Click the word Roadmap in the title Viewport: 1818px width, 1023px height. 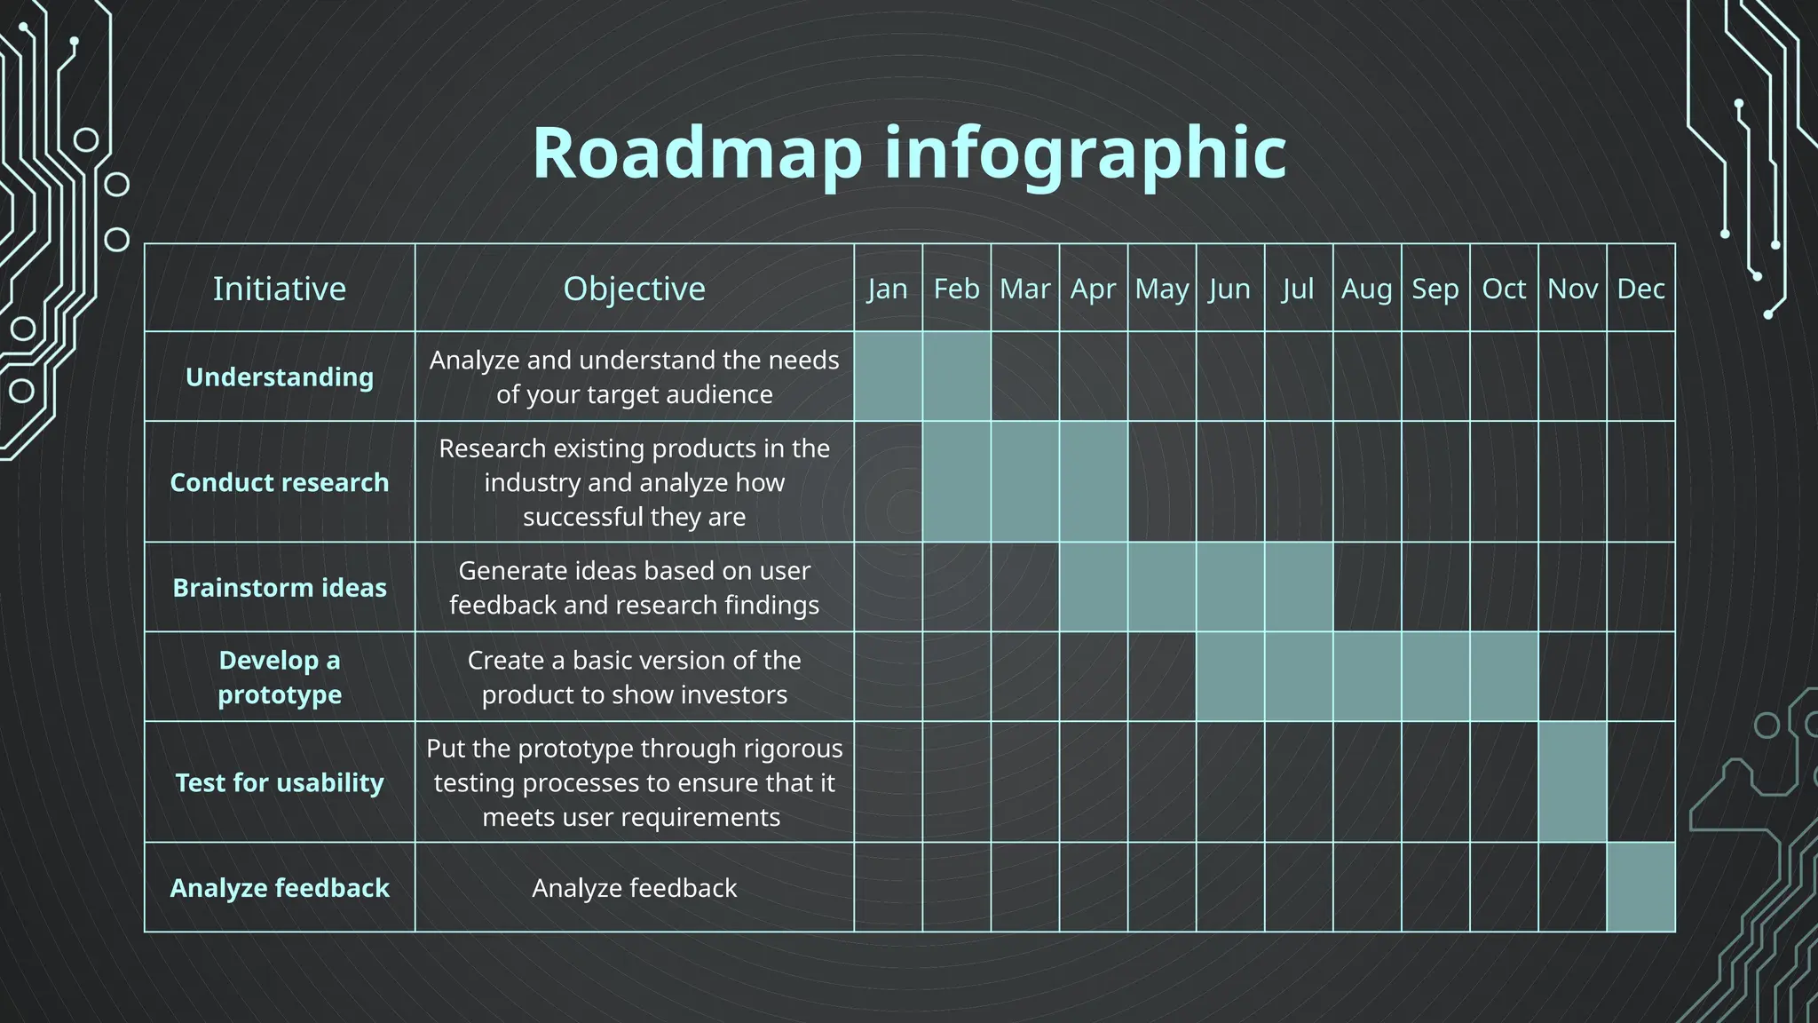tap(697, 153)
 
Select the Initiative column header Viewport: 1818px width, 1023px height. tap(280, 289)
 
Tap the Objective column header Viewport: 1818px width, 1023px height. tap(634, 289)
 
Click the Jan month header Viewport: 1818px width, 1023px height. tap(888, 289)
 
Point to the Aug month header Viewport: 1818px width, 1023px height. tap(1367, 289)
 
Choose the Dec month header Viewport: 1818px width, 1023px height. tap(1640, 289)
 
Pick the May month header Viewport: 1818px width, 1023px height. tap(1161, 289)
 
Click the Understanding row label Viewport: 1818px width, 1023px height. tap(280, 377)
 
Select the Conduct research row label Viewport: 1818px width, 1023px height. tap(280, 482)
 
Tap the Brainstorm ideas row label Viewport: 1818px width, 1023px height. tap(280, 588)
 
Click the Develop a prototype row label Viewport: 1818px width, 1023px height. tap(280, 677)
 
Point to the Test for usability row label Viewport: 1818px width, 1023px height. tap(280, 782)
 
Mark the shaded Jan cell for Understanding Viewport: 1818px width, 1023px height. tap(888, 377)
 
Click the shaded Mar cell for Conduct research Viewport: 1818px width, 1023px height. tap(1025, 482)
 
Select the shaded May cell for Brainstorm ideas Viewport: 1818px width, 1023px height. tap(1162, 588)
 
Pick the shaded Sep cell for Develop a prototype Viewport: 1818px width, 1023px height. tap(1435, 677)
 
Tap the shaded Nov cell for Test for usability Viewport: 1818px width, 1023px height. tap(1572, 782)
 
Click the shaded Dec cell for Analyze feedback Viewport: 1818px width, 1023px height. tap(1640, 887)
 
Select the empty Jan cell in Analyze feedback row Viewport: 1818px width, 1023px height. tap(888, 887)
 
